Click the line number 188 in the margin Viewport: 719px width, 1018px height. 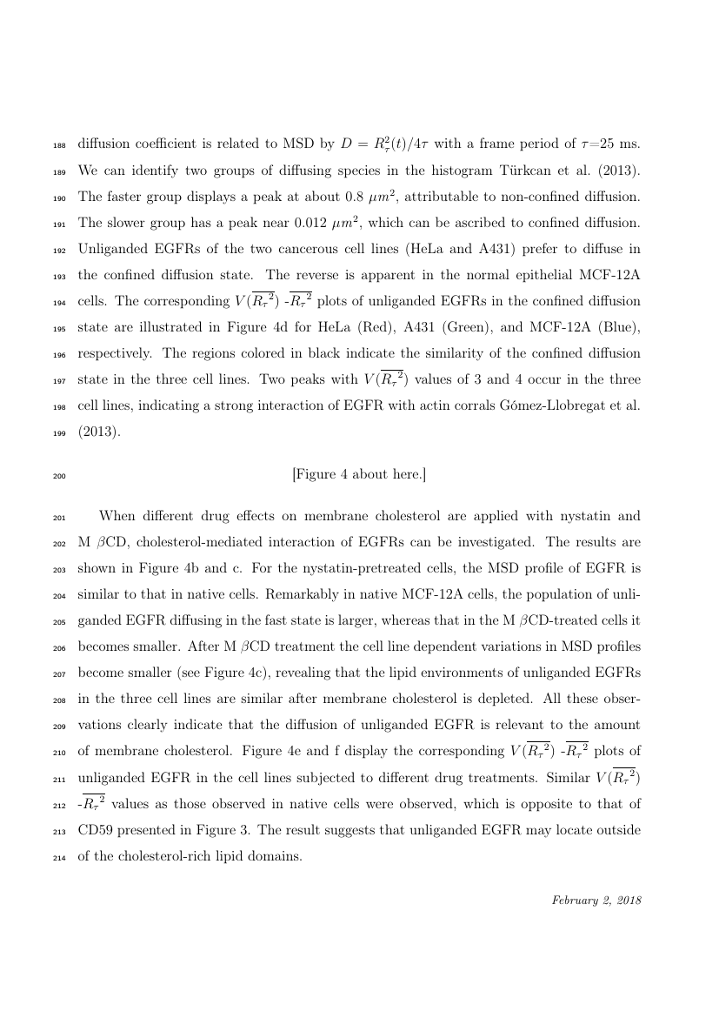pos(58,144)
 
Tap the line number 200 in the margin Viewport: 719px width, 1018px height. pos(58,476)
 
